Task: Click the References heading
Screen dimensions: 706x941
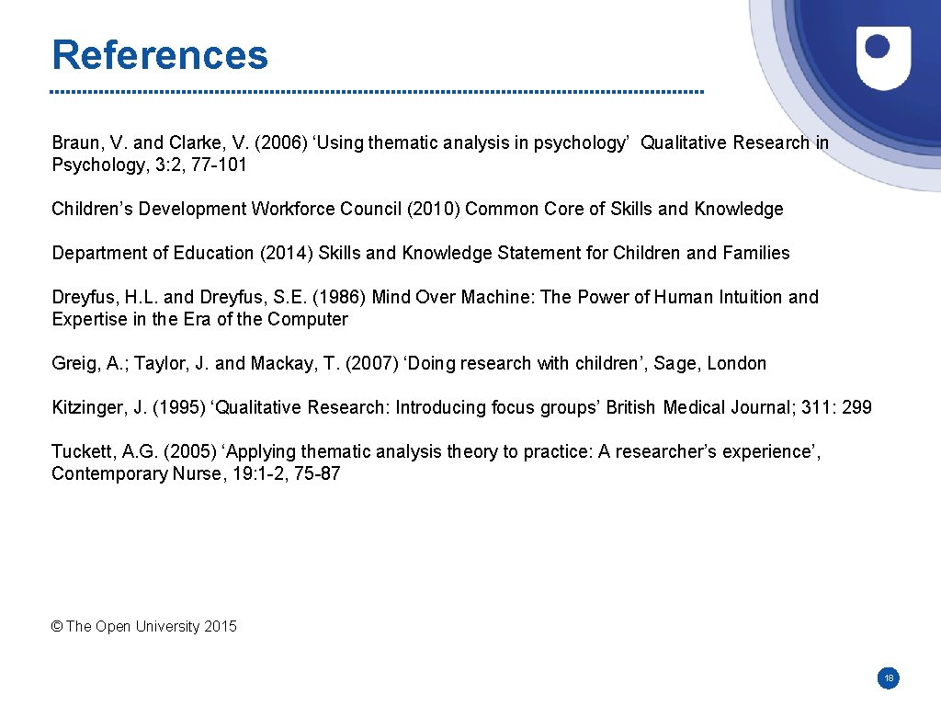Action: tap(160, 55)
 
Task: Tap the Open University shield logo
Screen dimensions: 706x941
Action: tap(883, 57)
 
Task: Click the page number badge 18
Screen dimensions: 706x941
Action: tap(888, 678)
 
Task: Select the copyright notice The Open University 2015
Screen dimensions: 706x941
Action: tap(144, 627)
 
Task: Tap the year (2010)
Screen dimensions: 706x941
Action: tap(434, 210)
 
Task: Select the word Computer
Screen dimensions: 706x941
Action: tap(308, 320)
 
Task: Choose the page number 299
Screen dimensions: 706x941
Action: tap(856, 408)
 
